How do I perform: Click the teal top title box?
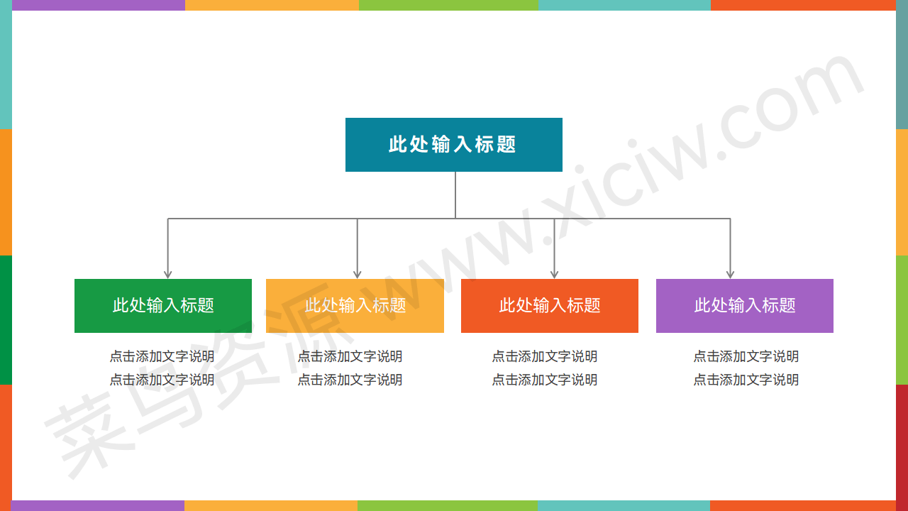click(x=453, y=145)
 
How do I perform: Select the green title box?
click(x=163, y=306)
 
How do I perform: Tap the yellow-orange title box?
click(x=355, y=306)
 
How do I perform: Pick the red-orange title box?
click(x=550, y=306)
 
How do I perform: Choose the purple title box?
click(x=745, y=306)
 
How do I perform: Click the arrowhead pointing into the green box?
click(x=168, y=275)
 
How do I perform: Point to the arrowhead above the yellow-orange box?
click(x=357, y=275)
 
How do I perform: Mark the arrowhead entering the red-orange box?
click(x=554, y=275)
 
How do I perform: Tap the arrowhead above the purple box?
click(x=730, y=275)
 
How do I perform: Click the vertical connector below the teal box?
click(x=455, y=195)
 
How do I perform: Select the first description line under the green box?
click(x=162, y=356)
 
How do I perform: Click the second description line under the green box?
click(x=162, y=380)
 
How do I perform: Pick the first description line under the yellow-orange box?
click(x=350, y=356)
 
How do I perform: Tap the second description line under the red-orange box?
click(x=544, y=380)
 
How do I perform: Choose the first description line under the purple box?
click(x=746, y=356)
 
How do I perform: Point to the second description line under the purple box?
click(x=746, y=380)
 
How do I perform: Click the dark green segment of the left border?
click(x=6, y=320)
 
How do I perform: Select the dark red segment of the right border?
click(x=902, y=442)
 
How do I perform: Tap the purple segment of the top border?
click(x=99, y=5)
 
